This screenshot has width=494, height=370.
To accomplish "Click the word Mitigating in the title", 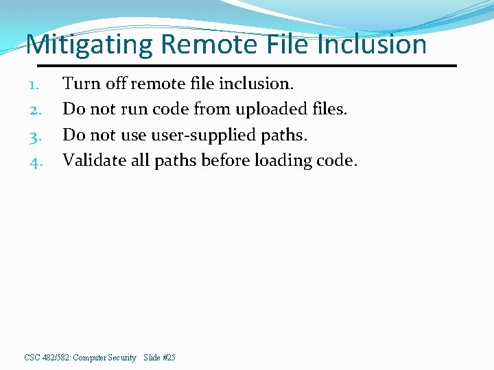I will (x=89, y=45).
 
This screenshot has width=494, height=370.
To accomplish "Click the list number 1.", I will (x=35, y=85).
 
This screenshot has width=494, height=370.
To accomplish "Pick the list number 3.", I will (x=35, y=136).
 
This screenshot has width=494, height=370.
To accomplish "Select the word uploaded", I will (x=270, y=110).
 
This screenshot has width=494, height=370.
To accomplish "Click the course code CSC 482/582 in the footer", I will (x=47, y=358).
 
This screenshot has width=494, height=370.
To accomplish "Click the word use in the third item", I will (x=134, y=135).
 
